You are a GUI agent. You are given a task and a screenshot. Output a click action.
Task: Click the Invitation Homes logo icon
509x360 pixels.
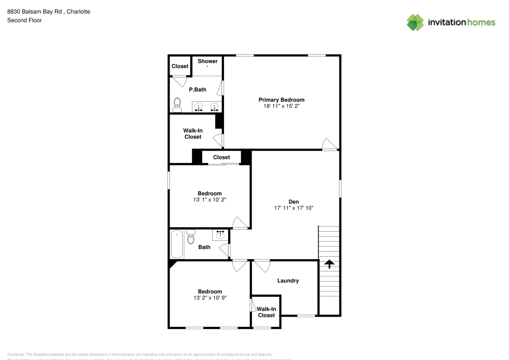tap(415, 22)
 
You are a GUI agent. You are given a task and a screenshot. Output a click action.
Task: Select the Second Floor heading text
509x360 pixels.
tap(24, 20)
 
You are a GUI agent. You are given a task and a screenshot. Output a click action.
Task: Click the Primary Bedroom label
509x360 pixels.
tap(281, 100)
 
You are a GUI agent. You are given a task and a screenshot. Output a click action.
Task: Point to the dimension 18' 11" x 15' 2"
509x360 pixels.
tap(281, 107)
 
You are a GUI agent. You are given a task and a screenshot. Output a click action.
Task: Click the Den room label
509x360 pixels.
tap(294, 202)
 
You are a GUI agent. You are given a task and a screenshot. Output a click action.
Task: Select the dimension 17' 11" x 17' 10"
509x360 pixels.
tap(294, 208)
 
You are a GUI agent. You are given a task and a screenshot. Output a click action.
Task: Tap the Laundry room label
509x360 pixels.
tap(288, 281)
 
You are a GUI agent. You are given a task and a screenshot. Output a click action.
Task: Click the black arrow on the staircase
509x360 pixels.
tap(329, 264)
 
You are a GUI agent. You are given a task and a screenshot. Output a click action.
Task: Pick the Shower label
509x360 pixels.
tap(208, 61)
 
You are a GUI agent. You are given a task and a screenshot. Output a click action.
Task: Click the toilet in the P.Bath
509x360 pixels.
tap(177, 104)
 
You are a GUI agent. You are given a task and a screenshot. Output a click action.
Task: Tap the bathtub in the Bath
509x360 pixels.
tap(177, 244)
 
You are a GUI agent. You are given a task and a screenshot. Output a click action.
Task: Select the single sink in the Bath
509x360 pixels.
tap(220, 234)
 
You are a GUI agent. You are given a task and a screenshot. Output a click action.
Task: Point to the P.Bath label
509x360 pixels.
tap(197, 90)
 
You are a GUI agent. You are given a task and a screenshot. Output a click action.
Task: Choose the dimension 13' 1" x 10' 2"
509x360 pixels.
tap(210, 200)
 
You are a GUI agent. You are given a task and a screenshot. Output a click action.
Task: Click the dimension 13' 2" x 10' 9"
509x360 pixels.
tap(210, 298)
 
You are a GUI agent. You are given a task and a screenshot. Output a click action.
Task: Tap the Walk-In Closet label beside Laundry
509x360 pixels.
tap(266, 312)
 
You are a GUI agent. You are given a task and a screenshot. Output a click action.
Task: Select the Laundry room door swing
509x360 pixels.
tap(262, 266)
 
